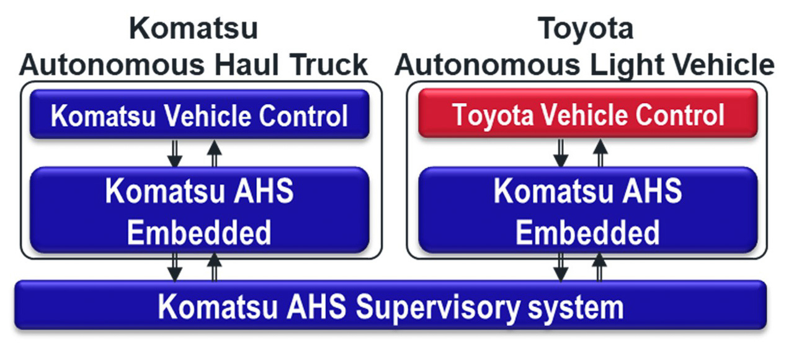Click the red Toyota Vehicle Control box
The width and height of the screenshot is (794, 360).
(x=587, y=114)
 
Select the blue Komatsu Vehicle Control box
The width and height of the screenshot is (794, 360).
(x=199, y=115)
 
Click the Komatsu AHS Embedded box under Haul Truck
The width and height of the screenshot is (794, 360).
(x=199, y=211)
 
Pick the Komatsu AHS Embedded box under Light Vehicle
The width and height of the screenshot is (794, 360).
(x=587, y=211)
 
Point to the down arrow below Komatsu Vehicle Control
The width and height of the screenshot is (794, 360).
(x=175, y=153)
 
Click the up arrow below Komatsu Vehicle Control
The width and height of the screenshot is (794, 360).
(x=214, y=153)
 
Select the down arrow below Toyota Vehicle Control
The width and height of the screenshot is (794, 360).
(x=561, y=153)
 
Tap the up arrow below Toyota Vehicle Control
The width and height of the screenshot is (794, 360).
(x=600, y=153)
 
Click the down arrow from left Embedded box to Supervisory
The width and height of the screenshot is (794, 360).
(x=175, y=268)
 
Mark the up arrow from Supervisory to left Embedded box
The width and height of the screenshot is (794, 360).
(x=214, y=268)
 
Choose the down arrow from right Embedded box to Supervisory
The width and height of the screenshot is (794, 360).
(x=561, y=268)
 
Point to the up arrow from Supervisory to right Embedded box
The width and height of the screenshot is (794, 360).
(x=600, y=268)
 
